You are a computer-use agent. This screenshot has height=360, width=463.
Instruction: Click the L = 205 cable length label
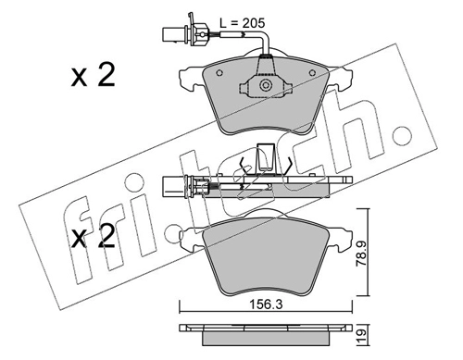click(242, 23)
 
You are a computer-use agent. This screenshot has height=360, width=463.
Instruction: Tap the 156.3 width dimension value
click(266, 304)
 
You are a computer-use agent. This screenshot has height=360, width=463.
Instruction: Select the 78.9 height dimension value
click(361, 254)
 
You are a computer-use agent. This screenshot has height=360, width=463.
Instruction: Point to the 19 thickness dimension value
click(362, 333)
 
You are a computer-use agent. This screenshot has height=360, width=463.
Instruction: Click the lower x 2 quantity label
click(93, 236)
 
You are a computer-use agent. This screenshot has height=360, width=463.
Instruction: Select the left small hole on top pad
click(219, 73)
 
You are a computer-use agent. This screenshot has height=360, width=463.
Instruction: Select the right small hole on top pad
click(312, 73)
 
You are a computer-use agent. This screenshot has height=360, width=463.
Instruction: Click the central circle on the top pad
click(265, 85)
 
